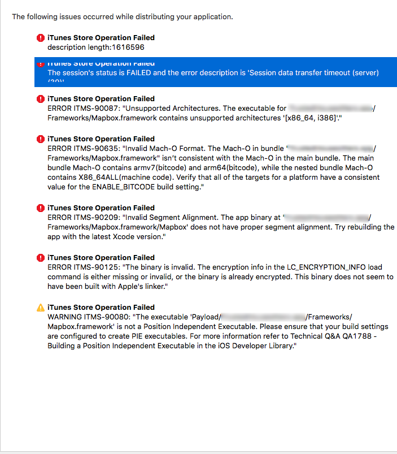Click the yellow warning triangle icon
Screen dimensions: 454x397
40,308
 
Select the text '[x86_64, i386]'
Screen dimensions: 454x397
313,117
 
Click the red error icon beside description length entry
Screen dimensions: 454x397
40,38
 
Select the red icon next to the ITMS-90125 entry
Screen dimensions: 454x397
40,258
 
